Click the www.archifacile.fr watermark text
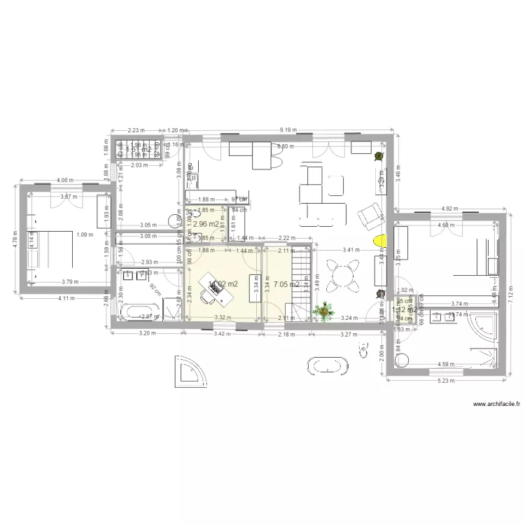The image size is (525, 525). [498, 405]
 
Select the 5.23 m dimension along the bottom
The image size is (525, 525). [444, 381]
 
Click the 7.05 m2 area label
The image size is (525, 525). [287, 285]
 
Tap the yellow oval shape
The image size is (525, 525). [379, 241]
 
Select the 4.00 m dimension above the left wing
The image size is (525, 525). [64, 180]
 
